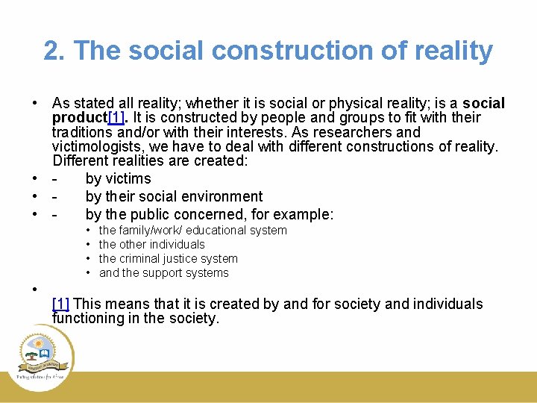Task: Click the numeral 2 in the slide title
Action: point(51,51)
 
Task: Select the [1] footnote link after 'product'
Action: point(116,118)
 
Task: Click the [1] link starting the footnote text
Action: point(61,304)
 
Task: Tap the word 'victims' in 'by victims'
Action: point(128,178)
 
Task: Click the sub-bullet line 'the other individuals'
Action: point(151,244)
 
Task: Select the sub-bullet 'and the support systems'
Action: point(163,272)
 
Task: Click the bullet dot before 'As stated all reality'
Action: point(35,104)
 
